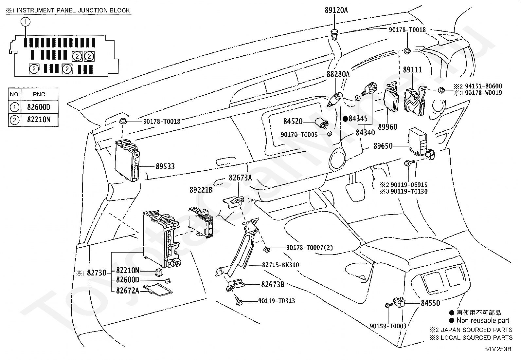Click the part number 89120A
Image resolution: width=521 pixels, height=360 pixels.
coord(336,10)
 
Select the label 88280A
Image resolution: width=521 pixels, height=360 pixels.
coord(338,74)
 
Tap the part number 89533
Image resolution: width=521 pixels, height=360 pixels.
coord(165,166)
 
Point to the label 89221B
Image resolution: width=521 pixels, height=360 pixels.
coord(201,190)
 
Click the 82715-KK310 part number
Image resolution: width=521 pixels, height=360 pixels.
coord(280,265)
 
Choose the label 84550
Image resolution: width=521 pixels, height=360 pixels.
coord(431,303)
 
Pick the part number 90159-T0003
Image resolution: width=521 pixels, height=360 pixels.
coord(388,326)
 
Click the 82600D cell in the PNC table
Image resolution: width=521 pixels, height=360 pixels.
coord(39,107)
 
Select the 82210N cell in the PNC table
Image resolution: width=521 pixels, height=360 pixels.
coord(39,120)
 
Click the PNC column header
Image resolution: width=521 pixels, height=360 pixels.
coord(39,94)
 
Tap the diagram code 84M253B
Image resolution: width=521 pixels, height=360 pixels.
coord(498,349)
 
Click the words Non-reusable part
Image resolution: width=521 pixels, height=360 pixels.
coord(483,320)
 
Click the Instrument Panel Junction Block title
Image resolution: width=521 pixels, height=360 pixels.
coord(68,10)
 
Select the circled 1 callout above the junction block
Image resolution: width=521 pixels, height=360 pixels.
coord(25,22)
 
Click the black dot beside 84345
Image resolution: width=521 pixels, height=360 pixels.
coord(345,119)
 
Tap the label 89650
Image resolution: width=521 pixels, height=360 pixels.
coord(383,146)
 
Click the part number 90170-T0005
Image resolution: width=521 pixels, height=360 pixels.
coord(299,135)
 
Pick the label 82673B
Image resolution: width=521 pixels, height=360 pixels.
coord(273,285)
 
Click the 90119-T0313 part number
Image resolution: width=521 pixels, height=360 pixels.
coord(277,301)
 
